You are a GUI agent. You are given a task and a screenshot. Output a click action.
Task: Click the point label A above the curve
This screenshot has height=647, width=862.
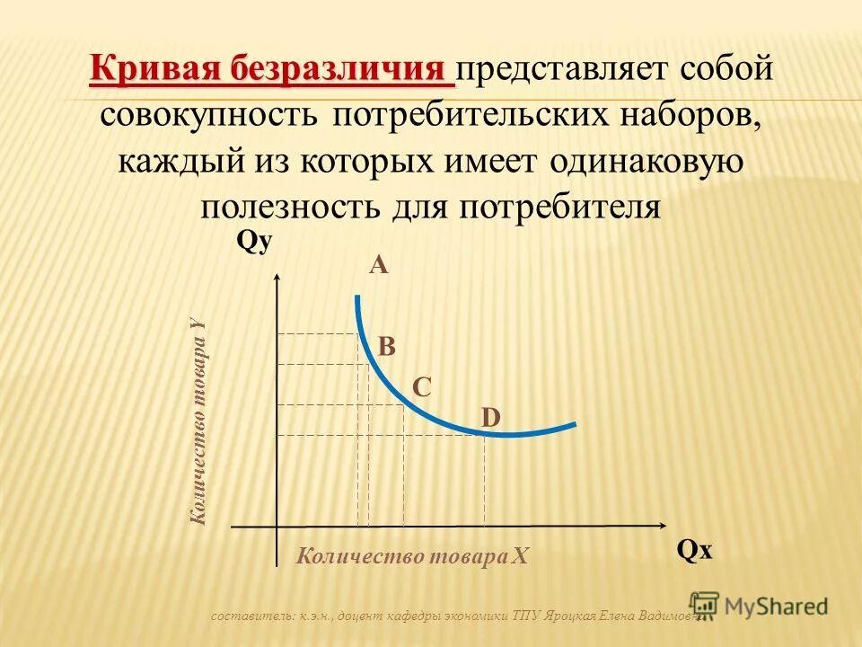tap(378, 265)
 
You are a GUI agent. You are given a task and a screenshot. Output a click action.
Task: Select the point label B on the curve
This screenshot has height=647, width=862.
tap(386, 347)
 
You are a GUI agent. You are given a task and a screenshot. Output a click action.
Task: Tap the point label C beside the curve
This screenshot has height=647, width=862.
tap(422, 387)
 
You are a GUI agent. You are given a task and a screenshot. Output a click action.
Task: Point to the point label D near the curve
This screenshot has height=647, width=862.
tap(490, 418)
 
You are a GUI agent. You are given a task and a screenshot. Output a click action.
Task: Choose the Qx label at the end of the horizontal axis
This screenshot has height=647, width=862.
tap(694, 550)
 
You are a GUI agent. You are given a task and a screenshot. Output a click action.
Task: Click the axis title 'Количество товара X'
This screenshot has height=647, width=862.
tap(413, 556)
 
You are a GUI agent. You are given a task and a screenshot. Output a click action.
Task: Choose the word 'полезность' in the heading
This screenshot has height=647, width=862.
tap(290, 208)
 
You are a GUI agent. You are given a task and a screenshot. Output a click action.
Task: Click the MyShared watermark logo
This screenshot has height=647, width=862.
tap(759, 606)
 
